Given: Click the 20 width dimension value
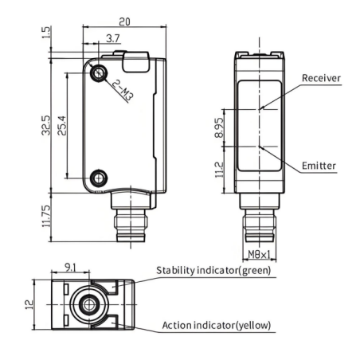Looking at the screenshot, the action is tap(124, 22).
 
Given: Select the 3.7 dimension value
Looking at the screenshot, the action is tap(113, 38).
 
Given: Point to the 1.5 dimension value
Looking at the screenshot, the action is tap(45, 32).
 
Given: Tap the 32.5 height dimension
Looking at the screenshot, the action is tap(45, 125).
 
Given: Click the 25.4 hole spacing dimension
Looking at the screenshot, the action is tap(62, 126).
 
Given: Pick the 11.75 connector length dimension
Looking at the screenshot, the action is tap(46, 216).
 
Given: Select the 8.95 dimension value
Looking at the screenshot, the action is tap(219, 127).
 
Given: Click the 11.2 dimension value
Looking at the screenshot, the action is tap(219, 170).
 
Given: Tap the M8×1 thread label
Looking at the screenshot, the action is tap(259, 255).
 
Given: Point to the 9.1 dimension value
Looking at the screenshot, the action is tap(70, 268).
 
